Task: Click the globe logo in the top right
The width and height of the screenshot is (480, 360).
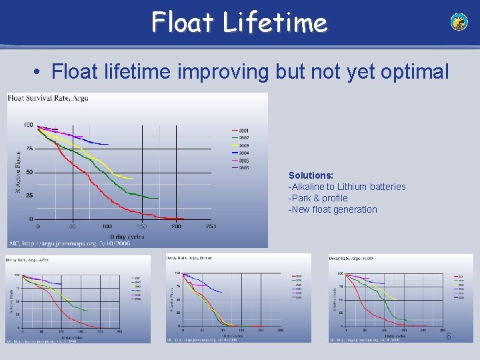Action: tap(459, 22)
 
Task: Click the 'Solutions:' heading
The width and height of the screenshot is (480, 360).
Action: tap(311, 175)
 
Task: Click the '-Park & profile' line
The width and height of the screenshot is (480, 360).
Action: tap(318, 198)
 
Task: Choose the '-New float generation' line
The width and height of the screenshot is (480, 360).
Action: tap(333, 209)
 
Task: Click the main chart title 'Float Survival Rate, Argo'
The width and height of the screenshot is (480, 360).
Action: tap(48, 98)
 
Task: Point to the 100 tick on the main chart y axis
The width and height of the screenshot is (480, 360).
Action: tap(28, 125)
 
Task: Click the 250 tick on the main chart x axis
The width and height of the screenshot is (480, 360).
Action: tap(211, 227)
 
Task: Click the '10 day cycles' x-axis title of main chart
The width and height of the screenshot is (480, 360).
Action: tap(126, 237)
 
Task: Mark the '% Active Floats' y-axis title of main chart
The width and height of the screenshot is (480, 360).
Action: tap(18, 172)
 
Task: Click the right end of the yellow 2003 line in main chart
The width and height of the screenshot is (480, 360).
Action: tap(133, 178)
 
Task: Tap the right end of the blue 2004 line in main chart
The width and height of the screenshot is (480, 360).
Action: tap(108, 144)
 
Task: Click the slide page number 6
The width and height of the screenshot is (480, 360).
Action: tap(449, 337)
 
